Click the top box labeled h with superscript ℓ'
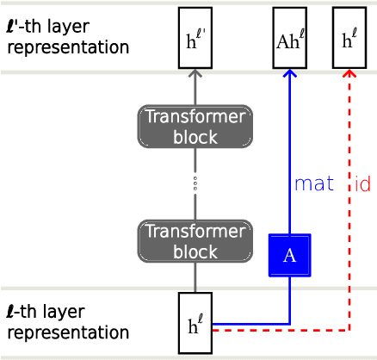point(195,37)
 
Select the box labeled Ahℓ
point(289,37)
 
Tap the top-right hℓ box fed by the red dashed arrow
point(349,37)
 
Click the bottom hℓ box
point(195,323)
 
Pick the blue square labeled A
point(289,255)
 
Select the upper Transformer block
point(195,126)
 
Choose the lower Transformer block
point(195,241)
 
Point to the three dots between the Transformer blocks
point(195,183)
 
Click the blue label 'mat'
point(313,183)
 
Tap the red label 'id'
point(362,183)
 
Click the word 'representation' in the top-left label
point(67,47)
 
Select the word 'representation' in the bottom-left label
point(67,332)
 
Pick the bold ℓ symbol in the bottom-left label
point(10,312)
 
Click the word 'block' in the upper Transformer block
point(195,137)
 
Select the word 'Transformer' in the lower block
point(195,231)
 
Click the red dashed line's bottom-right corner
point(349,330)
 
